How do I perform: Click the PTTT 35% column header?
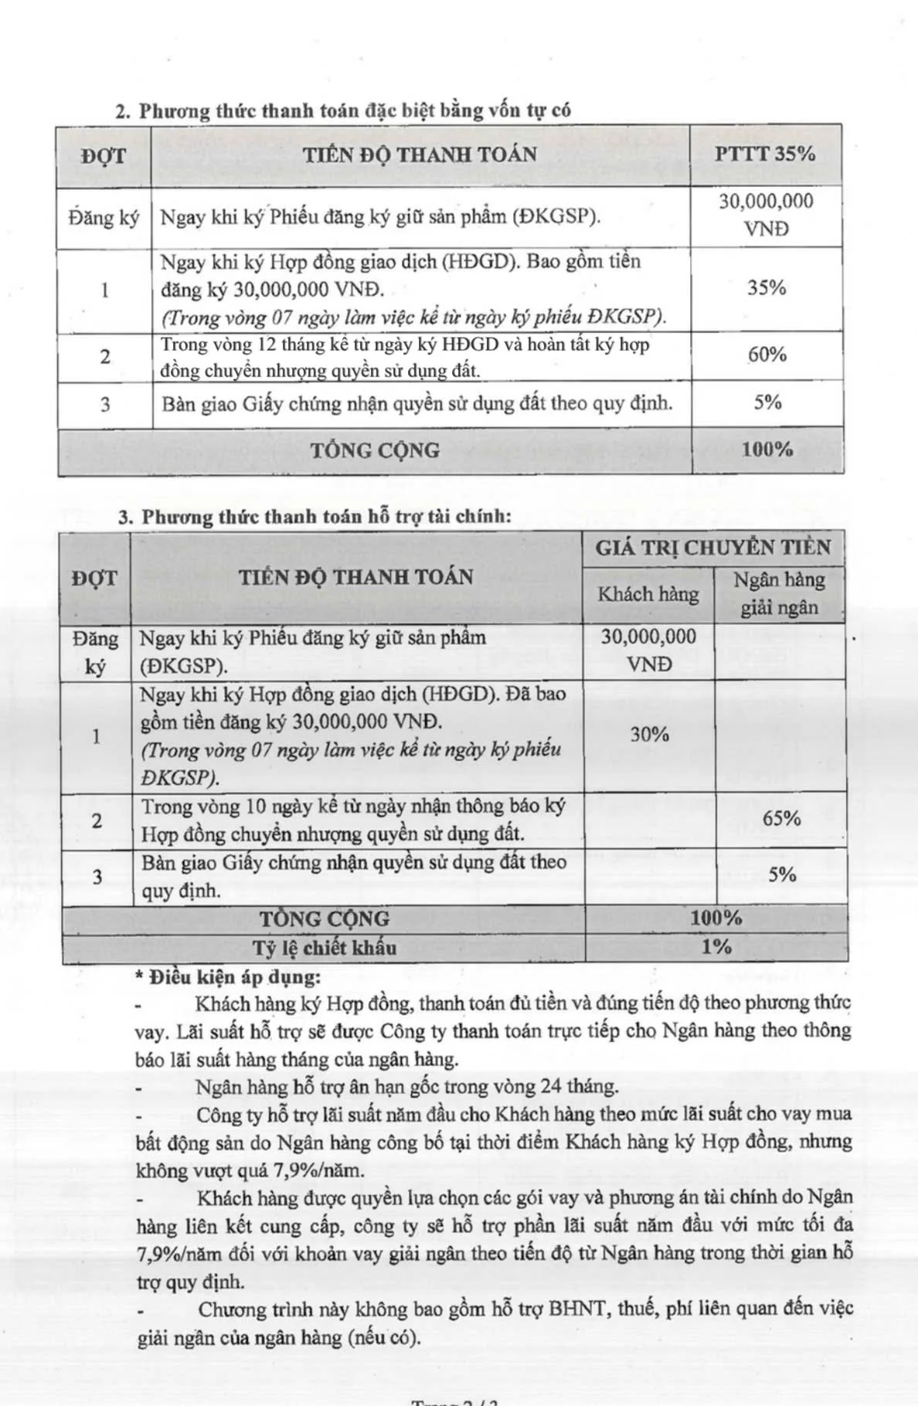764,153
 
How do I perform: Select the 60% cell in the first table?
767,355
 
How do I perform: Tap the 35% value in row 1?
767,288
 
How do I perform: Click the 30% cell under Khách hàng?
649,734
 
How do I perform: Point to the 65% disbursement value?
781,818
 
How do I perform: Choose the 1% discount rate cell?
716,946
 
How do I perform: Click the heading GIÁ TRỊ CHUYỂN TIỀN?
712,548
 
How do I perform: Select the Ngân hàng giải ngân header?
779,593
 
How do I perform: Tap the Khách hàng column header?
648,593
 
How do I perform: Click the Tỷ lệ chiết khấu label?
324,948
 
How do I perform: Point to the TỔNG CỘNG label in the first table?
375,450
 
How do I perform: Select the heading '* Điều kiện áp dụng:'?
228,977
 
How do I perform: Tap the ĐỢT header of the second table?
94,578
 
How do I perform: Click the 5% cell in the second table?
782,875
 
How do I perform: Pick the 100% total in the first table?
767,450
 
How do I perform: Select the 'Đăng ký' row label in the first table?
104,218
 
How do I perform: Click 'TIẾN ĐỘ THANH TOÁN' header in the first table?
420,154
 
